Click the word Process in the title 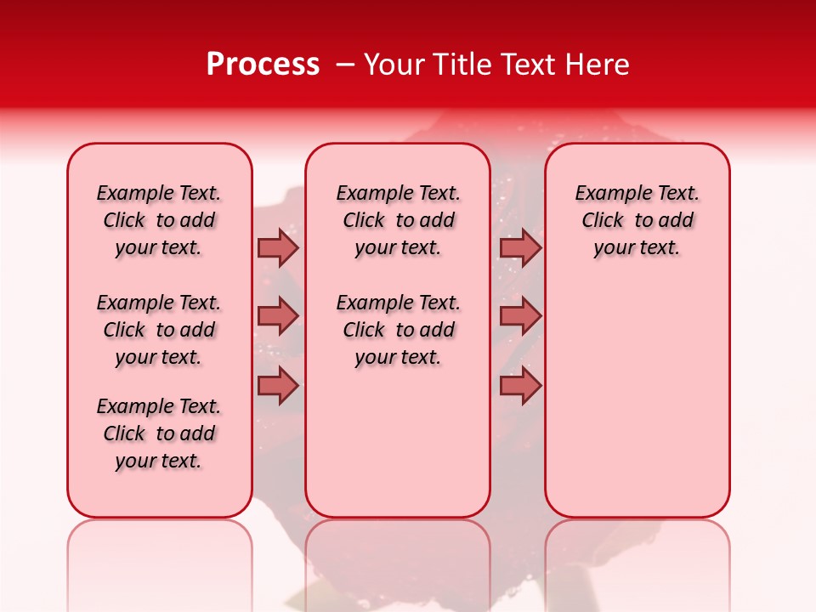click(263, 65)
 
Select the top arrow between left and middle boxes click(278, 248)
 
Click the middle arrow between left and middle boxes click(278, 316)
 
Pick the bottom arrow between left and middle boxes click(278, 386)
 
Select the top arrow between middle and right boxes click(520, 248)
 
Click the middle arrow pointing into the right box click(520, 316)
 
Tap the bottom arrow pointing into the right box click(520, 386)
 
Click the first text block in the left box click(159, 220)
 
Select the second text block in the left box click(159, 330)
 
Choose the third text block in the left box click(159, 433)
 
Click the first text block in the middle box click(398, 220)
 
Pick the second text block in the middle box click(398, 330)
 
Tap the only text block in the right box click(637, 220)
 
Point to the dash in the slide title click(346, 65)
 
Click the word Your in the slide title click(392, 65)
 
